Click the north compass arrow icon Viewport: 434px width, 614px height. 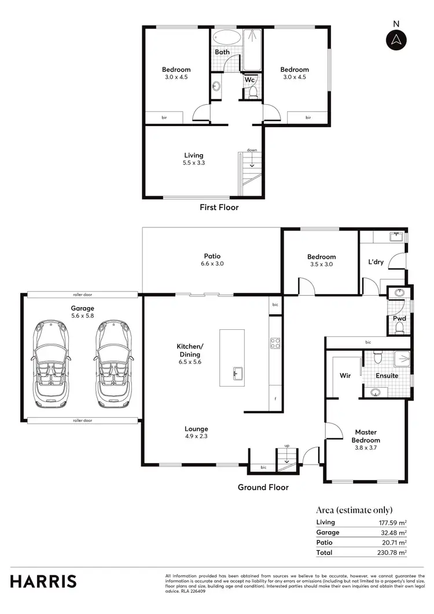[396, 40]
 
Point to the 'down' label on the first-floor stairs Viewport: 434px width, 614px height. [252, 150]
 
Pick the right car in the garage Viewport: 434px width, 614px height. [112, 363]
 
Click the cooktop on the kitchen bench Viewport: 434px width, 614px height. [275, 343]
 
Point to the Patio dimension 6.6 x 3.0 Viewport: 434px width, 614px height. [212, 264]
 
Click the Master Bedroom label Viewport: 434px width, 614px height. [366, 436]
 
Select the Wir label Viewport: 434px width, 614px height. [345, 375]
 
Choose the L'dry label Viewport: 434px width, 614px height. [376, 262]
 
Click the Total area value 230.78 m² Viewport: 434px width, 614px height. [388, 553]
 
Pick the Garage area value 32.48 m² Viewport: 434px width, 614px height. [390, 532]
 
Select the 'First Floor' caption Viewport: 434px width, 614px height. [219, 207]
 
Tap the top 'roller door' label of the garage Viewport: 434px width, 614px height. [83, 293]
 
